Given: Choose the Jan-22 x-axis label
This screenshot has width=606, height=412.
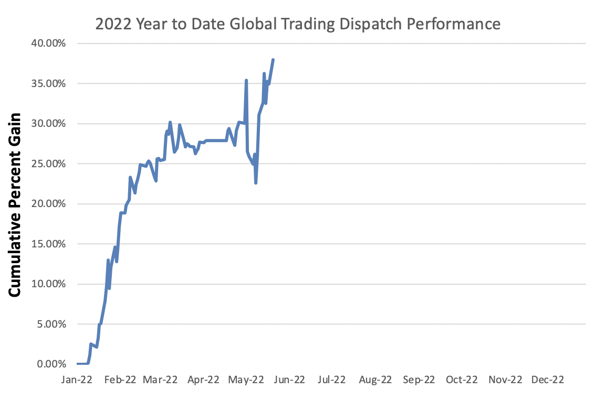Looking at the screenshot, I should pos(77,380).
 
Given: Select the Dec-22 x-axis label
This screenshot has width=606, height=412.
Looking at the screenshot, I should pos(548,380).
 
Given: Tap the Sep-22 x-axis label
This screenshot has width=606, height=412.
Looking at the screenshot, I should pos(419,380).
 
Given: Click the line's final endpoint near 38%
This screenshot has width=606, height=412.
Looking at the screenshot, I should pos(273,60).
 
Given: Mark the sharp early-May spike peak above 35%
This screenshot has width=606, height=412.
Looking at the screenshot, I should pos(246,80).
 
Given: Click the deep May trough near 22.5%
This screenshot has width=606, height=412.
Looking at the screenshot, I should pos(256,182).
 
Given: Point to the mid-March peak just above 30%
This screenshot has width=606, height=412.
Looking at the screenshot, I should pos(170,122).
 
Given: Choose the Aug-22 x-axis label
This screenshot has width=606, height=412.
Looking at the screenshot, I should pos(375,380).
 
